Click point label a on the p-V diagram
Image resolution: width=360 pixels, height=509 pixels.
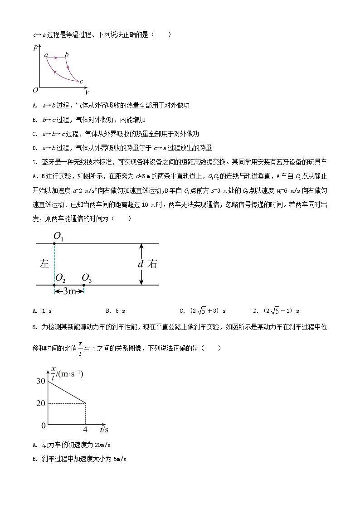[46, 55]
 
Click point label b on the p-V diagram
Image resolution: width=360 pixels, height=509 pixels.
[67, 55]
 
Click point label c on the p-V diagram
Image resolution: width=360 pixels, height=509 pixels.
[81, 82]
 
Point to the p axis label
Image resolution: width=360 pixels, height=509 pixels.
[35, 47]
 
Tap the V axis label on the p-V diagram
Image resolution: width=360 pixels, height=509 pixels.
[87, 92]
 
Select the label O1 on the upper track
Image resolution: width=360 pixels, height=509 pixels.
[59, 236]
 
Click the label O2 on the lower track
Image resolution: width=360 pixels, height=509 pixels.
[60, 278]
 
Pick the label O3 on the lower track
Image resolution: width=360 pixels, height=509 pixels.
[87, 278]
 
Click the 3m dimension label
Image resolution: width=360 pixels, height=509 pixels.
[69, 291]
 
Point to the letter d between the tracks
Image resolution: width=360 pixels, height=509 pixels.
[141, 264]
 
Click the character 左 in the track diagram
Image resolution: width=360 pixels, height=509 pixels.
[44, 264]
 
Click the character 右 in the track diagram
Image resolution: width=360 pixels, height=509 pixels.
[153, 264]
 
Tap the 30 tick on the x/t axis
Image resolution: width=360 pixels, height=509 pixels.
[40, 381]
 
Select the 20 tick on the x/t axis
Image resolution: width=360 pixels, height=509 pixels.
[40, 403]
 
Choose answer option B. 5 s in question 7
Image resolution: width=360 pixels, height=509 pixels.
[115, 311]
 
